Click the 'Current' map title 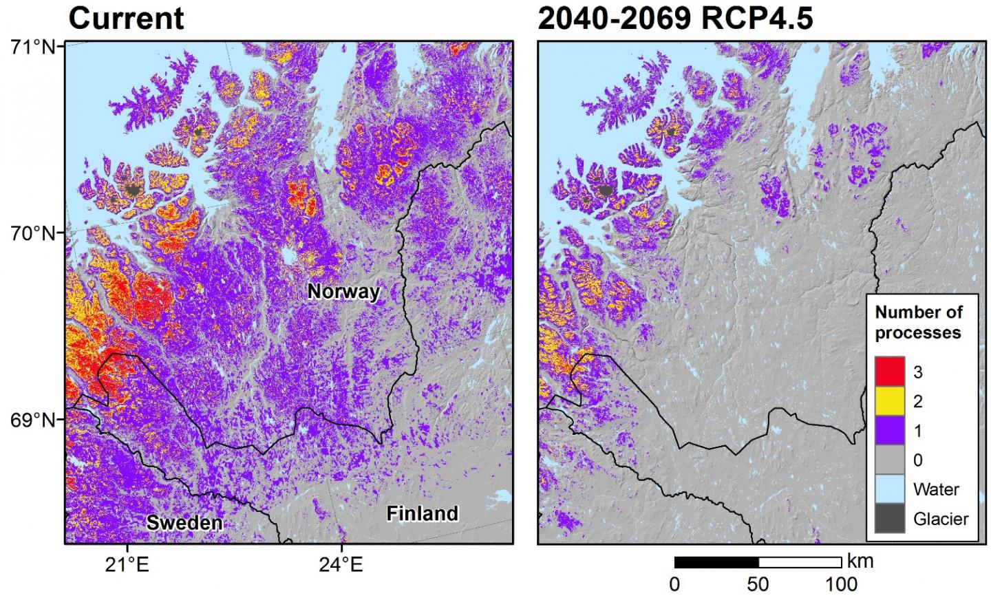pyautogui.click(x=126, y=19)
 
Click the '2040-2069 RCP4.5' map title pyautogui.click(x=675, y=19)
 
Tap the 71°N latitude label pyautogui.click(x=32, y=47)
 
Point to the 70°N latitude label pyautogui.click(x=32, y=233)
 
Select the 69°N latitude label pyautogui.click(x=32, y=419)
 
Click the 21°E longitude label pyautogui.click(x=127, y=566)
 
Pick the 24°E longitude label pyautogui.click(x=341, y=566)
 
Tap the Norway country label pyautogui.click(x=343, y=292)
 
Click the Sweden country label pyautogui.click(x=184, y=523)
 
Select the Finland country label pyautogui.click(x=422, y=514)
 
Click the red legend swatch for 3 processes pyautogui.click(x=888, y=372)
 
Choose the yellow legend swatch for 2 pyautogui.click(x=888, y=401)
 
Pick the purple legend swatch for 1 pyautogui.click(x=888, y=431)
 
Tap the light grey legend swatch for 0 pyautogui.click(x=888, y=460)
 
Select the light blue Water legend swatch pyautogui.click(x=888, y=489)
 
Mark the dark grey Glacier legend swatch pyautogui.click(x=888, y=519)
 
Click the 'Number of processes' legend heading pyautogui.click(x=918, y=322)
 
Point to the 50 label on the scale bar pyautogui.click(x=758, y=584)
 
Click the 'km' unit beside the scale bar pyautogui.click(x=860, y=561)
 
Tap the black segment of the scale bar pyautogui.click(x=716, y=562)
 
